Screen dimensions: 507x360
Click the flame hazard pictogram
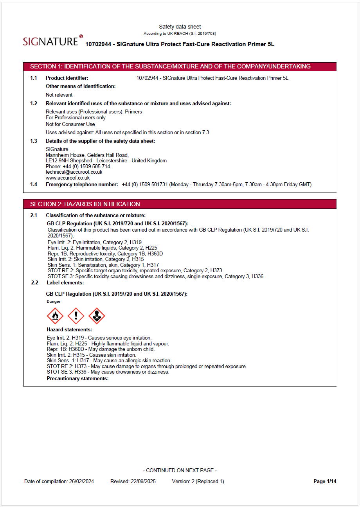click(55, 316)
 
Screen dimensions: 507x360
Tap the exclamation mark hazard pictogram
click(76, 316)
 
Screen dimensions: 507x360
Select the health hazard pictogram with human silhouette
click(97, 316)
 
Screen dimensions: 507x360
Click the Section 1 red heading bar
click(180, 67)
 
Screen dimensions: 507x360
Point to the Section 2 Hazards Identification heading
click(85, 204)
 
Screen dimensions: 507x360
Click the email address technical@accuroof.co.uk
click(74, 172)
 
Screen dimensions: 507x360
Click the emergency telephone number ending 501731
click(145, 184)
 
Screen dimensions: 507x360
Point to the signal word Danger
click(54, 302)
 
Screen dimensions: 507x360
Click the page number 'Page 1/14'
click(325, 481)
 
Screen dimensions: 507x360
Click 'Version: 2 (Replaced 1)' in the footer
click(198, 481)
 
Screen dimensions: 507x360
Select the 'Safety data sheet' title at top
click(180, 27)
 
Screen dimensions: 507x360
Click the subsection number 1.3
click(34, 141)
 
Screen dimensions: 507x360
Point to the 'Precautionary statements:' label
click(77, 378)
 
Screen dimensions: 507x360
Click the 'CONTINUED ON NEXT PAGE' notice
click(180, 470)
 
